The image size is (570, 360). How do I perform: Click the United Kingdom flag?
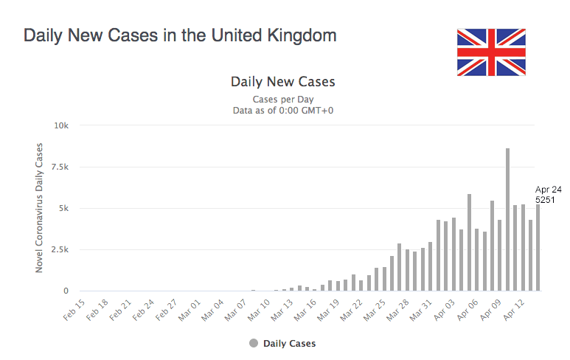[491, 52]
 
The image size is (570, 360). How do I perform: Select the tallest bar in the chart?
[507, 220]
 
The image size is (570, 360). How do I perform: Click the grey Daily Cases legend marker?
[254, 343]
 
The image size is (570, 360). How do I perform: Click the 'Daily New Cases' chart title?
[283, 81]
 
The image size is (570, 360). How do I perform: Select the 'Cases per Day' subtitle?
[283, 100]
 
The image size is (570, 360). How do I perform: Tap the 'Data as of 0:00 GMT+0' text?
[283, 111]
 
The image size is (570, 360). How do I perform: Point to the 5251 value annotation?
[546, 199]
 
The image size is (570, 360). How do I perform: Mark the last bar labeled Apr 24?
[538, 248]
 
